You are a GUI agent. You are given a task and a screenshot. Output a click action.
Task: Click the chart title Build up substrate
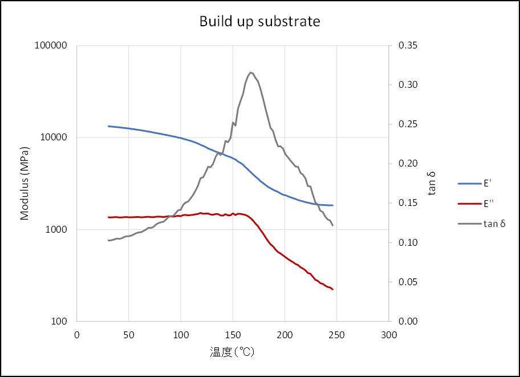[259, 22]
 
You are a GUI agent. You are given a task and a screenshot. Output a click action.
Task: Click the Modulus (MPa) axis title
[25, 182]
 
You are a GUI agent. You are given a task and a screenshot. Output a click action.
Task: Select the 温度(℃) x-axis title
[231, 352]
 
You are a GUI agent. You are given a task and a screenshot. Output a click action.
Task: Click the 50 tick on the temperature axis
[129, 335]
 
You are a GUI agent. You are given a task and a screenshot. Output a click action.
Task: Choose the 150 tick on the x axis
[233, 335]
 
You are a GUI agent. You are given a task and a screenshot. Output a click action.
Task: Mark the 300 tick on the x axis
[388, 335]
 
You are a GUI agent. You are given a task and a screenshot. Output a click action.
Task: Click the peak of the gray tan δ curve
[251, 72]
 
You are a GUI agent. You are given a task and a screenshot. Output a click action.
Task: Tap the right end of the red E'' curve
[332, 289]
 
